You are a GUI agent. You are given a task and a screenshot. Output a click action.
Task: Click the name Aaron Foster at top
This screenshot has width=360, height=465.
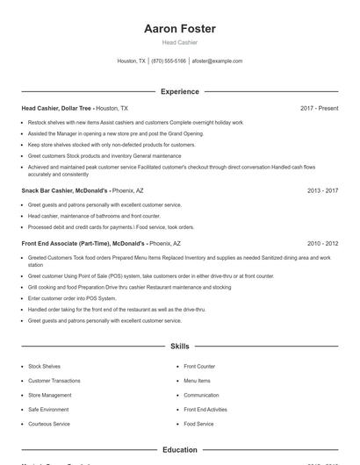tap(180, 29)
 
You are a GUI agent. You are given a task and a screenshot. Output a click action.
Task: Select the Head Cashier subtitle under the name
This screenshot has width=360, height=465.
tap(180, 42)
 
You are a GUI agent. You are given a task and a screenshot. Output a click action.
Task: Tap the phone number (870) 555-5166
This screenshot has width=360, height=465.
tap(169, 61)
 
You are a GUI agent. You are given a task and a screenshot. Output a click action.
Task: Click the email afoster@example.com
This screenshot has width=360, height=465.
tap(217, 61)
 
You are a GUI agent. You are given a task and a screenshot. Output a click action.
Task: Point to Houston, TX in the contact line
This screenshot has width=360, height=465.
tap(132, 61)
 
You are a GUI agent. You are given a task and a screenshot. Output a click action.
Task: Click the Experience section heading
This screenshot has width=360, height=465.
tap(180, 91)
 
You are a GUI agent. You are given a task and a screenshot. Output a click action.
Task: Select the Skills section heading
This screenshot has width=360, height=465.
tap(180, 347)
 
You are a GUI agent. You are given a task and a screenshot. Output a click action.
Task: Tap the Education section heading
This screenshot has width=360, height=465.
tap(180, 449)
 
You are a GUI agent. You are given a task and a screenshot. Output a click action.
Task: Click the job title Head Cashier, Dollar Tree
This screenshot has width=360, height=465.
tap(57, 108)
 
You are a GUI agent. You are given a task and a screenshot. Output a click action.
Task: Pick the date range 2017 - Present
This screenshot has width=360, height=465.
tap(319, 108)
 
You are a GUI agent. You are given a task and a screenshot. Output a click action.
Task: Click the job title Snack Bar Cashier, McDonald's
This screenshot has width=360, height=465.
tap(65, 190)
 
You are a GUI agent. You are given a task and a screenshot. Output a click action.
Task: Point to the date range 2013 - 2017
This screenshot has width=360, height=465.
tap(322, 190)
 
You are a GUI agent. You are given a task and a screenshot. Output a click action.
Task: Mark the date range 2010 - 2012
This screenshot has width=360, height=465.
tap(322, 243)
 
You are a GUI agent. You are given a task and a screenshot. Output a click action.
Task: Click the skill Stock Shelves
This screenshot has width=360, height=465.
tap(44, 366)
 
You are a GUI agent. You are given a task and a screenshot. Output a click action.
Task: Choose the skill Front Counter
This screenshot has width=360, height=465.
tap(199, 366)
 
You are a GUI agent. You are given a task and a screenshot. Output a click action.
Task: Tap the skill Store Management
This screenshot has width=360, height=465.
tap(49, 395)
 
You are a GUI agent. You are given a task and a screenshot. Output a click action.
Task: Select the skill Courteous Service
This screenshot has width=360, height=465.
tap(49, 424)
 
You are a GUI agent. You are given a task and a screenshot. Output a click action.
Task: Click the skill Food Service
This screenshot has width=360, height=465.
tap(198, 424)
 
